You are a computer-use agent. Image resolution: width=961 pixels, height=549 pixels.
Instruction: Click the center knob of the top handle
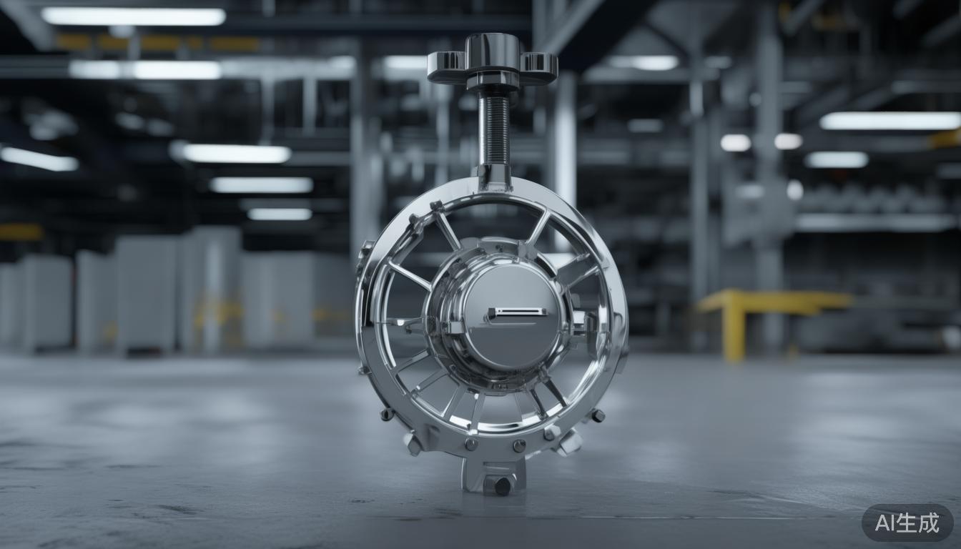click(493, 54)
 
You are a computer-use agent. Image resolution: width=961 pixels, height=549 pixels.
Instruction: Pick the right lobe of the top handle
click(538, 65)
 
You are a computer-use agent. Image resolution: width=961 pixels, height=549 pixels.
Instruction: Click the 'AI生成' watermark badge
click(907, 523)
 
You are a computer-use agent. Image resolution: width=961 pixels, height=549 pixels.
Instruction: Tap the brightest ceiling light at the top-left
click(134, 16)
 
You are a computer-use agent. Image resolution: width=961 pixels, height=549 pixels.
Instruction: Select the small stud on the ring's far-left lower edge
click(387, 414)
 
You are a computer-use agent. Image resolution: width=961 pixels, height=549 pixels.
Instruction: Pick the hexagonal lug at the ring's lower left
click(413, 444)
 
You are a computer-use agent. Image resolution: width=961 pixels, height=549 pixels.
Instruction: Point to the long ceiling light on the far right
click(889, 121)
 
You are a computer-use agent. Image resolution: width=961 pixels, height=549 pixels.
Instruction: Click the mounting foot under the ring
click(493, 473)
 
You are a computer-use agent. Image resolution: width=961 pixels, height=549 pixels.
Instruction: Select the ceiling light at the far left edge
click(39, 158)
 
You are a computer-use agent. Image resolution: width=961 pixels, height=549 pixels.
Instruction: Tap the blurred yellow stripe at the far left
click(20, 232)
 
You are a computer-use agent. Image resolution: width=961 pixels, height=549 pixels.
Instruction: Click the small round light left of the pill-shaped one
click(735, 142)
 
